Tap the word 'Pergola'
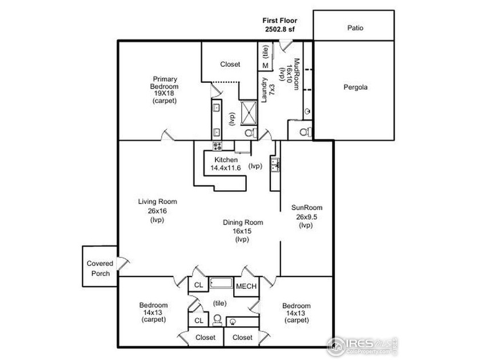click(355, 88)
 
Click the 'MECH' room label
click(246, 286)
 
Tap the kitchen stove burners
click(217, 145)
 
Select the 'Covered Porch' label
click(100, 268)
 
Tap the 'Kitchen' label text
click(226, 160)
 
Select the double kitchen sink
click(275, 165)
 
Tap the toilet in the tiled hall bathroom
click(233, 322)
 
